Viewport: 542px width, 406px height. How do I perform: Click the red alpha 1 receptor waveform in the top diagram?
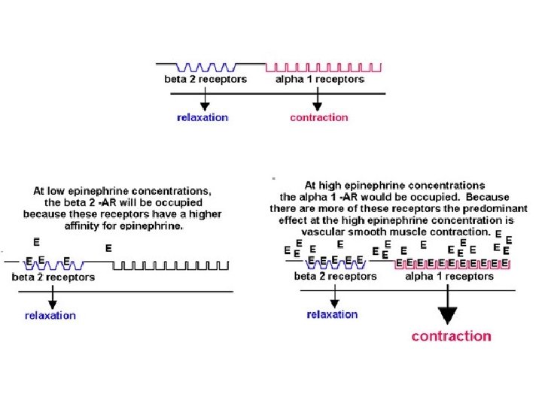pyautogui.click(x=324, y=67)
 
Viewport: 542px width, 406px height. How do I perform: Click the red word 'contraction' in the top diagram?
pyautogui.click(x=319, y=117)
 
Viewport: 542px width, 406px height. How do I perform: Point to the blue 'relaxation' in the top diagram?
pyautogui.click(x=202, y=117)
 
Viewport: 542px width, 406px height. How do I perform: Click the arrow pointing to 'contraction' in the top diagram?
pyautogui.click(x=318, y=100)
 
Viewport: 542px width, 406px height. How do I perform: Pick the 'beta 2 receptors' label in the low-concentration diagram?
pyautogui.click(x=53, y=277)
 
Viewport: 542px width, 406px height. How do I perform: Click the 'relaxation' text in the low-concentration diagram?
pyautogui.click(x=50, y=316)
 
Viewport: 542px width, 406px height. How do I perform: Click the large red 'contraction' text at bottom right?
pyautogui.click(x=451, y=336)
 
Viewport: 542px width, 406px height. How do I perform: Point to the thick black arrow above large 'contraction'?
pyautogui.click(x=448, y=310)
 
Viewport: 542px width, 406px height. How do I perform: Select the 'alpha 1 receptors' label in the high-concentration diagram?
pyautogui.click(x=449, y=276)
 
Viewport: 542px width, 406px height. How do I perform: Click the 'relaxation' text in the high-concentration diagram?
pyautogui.click(x=332, y=314)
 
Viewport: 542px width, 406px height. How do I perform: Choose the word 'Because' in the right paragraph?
pyautogui.click(x=486, y=196)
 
